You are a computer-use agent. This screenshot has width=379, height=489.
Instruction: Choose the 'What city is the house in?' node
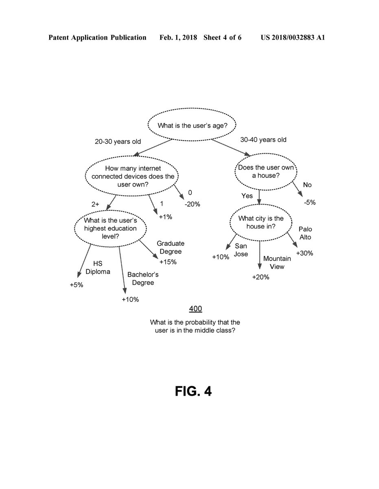[x=261, y=222]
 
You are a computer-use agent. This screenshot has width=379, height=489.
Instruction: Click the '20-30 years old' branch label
[x=118, y=142]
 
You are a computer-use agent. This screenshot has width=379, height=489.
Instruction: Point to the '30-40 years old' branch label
[x=263, y=140]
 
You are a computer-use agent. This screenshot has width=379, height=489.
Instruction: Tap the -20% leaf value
[x=192, y=205]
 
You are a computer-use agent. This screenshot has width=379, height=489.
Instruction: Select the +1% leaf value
[x=165, y=217]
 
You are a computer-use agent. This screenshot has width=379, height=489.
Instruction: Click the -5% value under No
[x=309, y=202]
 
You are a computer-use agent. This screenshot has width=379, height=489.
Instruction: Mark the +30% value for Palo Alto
[x=304, y=253]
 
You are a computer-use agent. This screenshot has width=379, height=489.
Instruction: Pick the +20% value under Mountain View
[x=261, y=277]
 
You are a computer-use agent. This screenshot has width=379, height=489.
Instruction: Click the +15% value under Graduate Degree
[x=168, y=262]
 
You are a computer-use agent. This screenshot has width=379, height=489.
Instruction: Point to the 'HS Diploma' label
[x=98, y=268]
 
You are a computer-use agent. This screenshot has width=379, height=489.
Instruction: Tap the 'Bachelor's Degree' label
[x=143, y=278]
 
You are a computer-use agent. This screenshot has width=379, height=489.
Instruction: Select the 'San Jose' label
[x=241, y=250]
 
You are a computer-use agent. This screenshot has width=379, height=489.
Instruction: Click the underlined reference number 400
[x=195, y=308]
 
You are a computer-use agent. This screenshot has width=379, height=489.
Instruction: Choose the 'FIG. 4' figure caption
[x=193, y=391]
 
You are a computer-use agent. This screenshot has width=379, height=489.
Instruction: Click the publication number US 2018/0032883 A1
[x=293, y=38]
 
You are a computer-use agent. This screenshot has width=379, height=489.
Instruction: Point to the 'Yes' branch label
[x=247, y=196]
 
